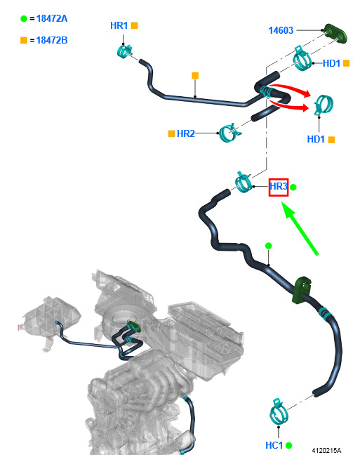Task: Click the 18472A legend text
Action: (52, 18)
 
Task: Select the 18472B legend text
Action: (52, 40)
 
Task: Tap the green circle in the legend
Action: (24, 18)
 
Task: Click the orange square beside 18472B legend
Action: (24, 40)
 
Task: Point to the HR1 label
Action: (119, 25)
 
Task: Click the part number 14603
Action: (281, 30)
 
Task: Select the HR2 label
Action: (186, 133)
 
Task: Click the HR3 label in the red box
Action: (279, 186)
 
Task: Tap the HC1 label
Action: (274, 445)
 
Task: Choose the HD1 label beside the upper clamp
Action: (331, 63)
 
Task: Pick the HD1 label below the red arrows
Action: (316, 139)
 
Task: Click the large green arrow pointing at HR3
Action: (300, 229)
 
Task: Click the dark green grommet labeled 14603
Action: (335, 34)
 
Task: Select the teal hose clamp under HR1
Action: (125, 51)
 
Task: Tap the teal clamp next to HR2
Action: (229, 132)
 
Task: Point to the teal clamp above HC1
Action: (279, 412)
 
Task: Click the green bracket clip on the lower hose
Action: (302, 289)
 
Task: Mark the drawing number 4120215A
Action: (326, 450)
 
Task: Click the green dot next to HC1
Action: (288, 445)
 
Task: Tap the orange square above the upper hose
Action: (195, 76)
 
